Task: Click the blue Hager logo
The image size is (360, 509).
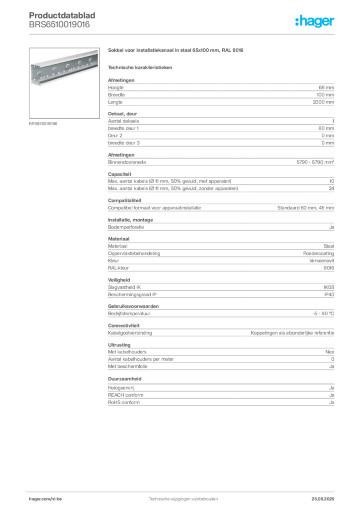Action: click(315, 21)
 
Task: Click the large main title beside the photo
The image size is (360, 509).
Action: click(177, 52)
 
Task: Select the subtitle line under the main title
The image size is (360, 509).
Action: click(141, 68)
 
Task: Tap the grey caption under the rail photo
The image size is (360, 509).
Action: click(44, 124)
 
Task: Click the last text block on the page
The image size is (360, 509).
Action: click(220, 397)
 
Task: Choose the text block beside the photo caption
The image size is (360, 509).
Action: click(220, 130)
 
